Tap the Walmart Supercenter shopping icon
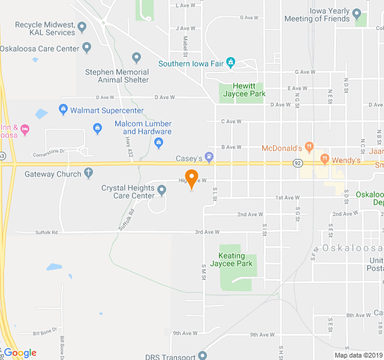[62, 110]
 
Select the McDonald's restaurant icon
[309, 148]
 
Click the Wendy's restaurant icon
[325, 160]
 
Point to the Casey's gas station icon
[209, 158]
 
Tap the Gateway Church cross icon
[89, 174]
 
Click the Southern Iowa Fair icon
[231, 63]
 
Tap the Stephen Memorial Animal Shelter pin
[137, 58]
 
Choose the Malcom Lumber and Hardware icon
[158, 142]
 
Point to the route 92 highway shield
[297, 163]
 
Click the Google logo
[20, 353]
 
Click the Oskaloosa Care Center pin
[87, 47]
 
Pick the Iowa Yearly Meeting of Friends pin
[356, 14]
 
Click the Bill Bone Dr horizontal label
[44, 332]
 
